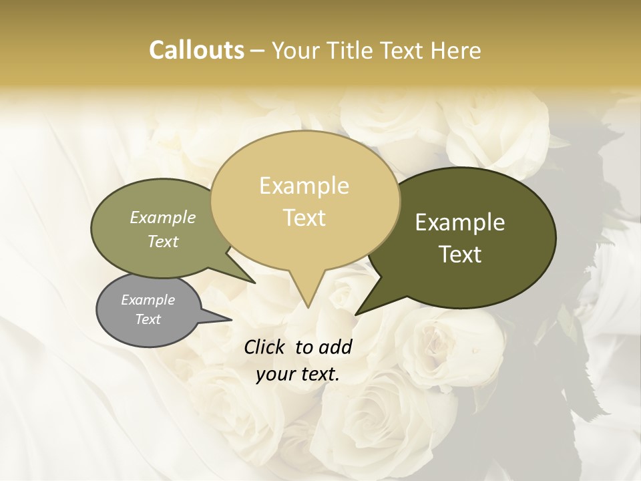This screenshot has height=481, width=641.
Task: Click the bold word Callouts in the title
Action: point(196,50)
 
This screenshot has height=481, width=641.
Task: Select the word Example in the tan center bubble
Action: point(304,186)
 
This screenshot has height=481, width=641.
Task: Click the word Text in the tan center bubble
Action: point(304,217)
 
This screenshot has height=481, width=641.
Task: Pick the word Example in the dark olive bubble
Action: point(460,222)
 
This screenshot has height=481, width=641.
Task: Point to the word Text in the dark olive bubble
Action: point(461,254)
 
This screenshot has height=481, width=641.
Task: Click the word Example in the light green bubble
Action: point(163,217)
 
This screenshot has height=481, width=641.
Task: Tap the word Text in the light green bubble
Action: point(163,241)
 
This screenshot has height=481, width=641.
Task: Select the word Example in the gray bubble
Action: point(148,300)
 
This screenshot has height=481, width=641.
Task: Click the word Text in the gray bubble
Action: point(148,319)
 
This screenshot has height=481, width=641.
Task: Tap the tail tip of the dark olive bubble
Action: point(357,313)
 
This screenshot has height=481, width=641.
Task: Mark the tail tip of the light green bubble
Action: point(254,283)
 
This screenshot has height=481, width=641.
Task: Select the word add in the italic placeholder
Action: point(335,347)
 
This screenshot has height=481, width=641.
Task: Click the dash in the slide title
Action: point(258,51)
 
